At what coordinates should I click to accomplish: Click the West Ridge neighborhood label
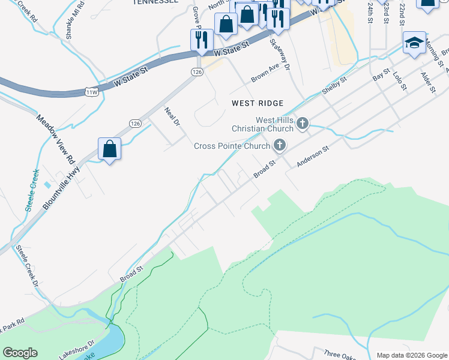[258, 103]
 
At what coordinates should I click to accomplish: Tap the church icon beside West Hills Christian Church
[303, 124]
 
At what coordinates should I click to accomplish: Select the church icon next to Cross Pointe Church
[279, 145]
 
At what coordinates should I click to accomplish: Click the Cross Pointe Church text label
[232, 145]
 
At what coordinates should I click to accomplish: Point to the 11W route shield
[91, 92]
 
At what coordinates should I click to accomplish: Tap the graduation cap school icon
[414, 43]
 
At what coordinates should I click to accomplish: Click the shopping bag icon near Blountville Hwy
[110, 148]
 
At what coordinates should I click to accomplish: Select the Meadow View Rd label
[55, 140]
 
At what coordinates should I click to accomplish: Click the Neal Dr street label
[172, 116]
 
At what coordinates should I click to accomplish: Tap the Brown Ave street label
[265, 74]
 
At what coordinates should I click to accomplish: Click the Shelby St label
[334, 85]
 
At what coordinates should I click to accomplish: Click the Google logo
[20, 353]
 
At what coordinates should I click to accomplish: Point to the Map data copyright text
[411, 355]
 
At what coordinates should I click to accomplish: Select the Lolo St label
[399, 80]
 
